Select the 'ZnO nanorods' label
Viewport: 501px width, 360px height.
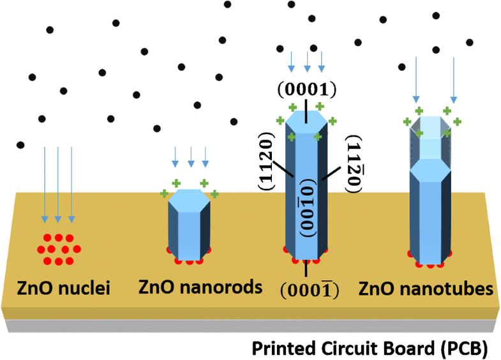pyautogui.click(x=200, y=287)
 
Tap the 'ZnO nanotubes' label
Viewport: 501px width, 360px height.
pyautogui.click(x=426, y=289)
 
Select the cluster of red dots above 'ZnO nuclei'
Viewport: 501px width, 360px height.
pyautogui.click(x=58, y=248)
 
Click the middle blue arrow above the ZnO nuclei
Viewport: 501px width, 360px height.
pyautogui.click(x=58, y=184)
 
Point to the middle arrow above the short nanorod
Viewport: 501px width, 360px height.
pyautogui.click(x=190, y=157)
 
